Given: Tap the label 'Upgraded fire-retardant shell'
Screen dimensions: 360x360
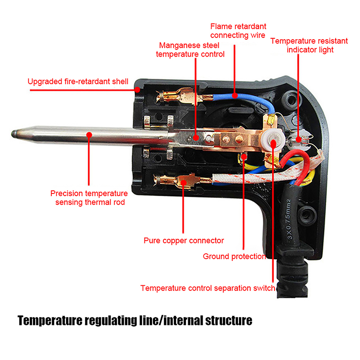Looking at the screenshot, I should point(78,81).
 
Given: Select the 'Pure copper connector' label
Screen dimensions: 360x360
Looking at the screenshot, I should point(184,240).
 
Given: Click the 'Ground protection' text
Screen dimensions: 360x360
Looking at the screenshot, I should point(234,256).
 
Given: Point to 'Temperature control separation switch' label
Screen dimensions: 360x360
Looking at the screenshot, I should point(207,288).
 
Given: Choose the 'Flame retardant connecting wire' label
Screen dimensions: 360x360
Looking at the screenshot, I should point(238,30).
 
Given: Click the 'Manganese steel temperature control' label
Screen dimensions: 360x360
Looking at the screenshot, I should point(190,49).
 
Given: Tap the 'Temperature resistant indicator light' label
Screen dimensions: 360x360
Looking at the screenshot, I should point(309,45).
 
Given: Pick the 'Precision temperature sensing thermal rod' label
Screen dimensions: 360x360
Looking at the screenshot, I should point(89,198).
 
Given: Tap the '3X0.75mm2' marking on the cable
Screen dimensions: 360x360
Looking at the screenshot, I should point(292,218).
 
